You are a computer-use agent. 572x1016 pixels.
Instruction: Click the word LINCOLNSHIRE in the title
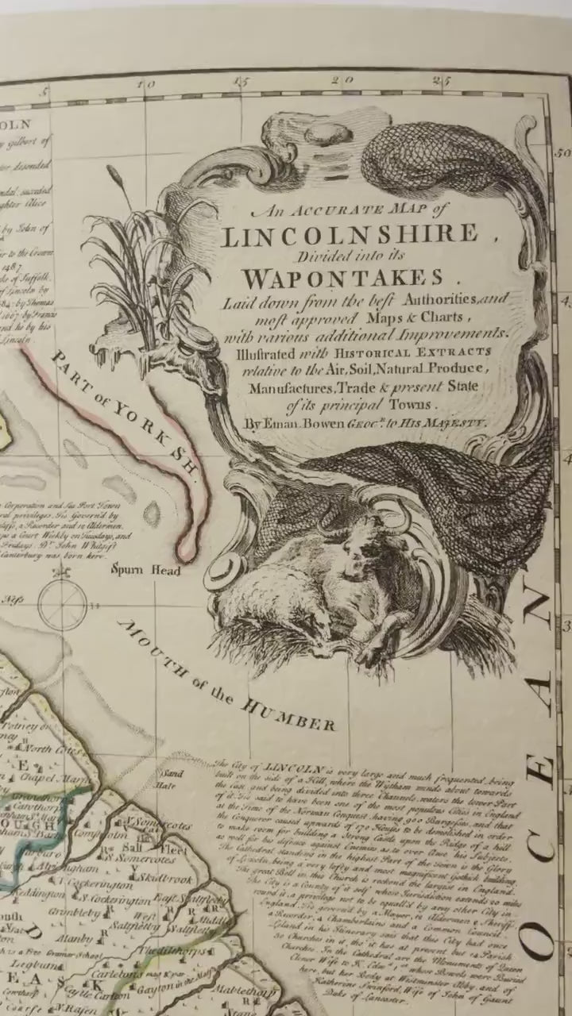click(x=361, y=236)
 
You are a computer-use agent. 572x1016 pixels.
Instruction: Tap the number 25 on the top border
click(x=443, y=79)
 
